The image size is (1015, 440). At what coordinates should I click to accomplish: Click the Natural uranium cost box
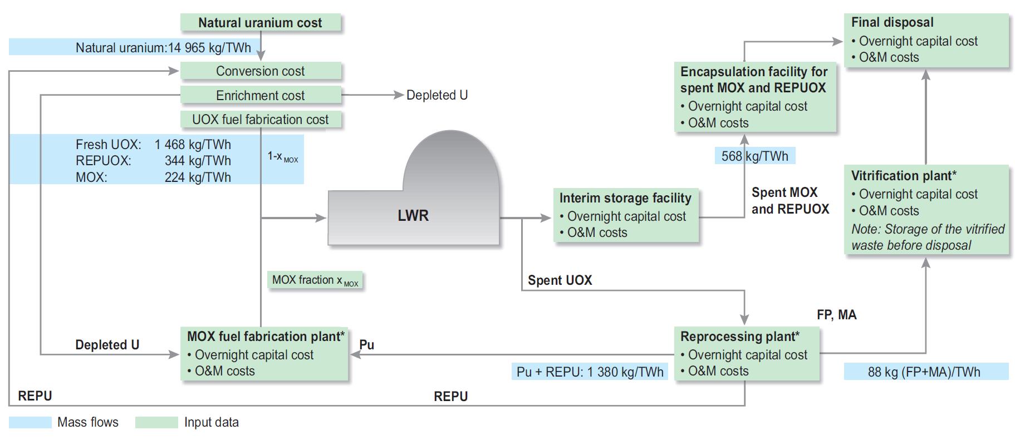(x=260, y=23)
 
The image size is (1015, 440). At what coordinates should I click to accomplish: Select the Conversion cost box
(x=260, y=71)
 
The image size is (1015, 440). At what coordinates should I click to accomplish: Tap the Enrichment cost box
(x=260, y=95)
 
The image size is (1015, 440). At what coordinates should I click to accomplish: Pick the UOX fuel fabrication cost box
(x=260, y=120)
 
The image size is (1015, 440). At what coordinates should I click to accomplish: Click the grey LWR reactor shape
(x=413, y=215)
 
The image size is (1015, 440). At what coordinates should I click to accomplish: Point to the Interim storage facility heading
(x=625, y=198)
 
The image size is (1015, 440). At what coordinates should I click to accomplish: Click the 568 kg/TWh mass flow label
(x=754, y=156)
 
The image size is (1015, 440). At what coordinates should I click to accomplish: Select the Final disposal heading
(x=892, y=22)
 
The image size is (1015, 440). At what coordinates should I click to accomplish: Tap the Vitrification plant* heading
(x=903, y=176)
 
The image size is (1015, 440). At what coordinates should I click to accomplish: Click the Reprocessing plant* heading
(x=739, y=337)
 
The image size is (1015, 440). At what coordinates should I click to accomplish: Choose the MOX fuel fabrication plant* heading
(x=266, y=337)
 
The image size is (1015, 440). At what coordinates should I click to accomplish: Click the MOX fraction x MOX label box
(x=315, y=280)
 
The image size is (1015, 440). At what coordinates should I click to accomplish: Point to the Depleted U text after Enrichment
(x=437, y=95)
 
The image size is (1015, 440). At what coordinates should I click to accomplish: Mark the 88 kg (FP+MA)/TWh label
(x=924, y=372)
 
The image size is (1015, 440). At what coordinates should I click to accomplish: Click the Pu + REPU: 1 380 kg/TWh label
(x=590, y=372)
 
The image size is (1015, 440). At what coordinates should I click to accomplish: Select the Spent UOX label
(x=560, y=280)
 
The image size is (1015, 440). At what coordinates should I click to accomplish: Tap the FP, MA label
(x=836, y=315)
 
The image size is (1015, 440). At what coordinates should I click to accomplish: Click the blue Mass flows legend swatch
(x=30, y=422)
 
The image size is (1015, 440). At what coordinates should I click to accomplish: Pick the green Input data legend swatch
(x=156, y=422)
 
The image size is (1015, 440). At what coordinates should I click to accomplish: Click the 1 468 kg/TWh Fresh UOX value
(x=193, y=145)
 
